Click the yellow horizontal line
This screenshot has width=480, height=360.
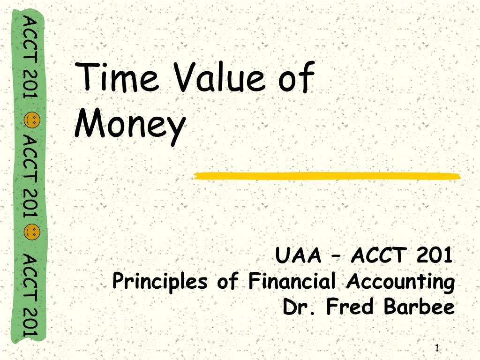[x=327, y=176]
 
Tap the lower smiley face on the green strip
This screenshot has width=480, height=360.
[x=31, y=232]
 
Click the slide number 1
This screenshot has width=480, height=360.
[x=437, y=348]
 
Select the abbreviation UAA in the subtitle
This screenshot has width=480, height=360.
[x=299, y=255]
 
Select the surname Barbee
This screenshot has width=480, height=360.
[x=420, y=306]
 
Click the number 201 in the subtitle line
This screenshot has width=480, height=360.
[x=435, y=255]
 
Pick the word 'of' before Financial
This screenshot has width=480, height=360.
[x=228, y=280]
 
